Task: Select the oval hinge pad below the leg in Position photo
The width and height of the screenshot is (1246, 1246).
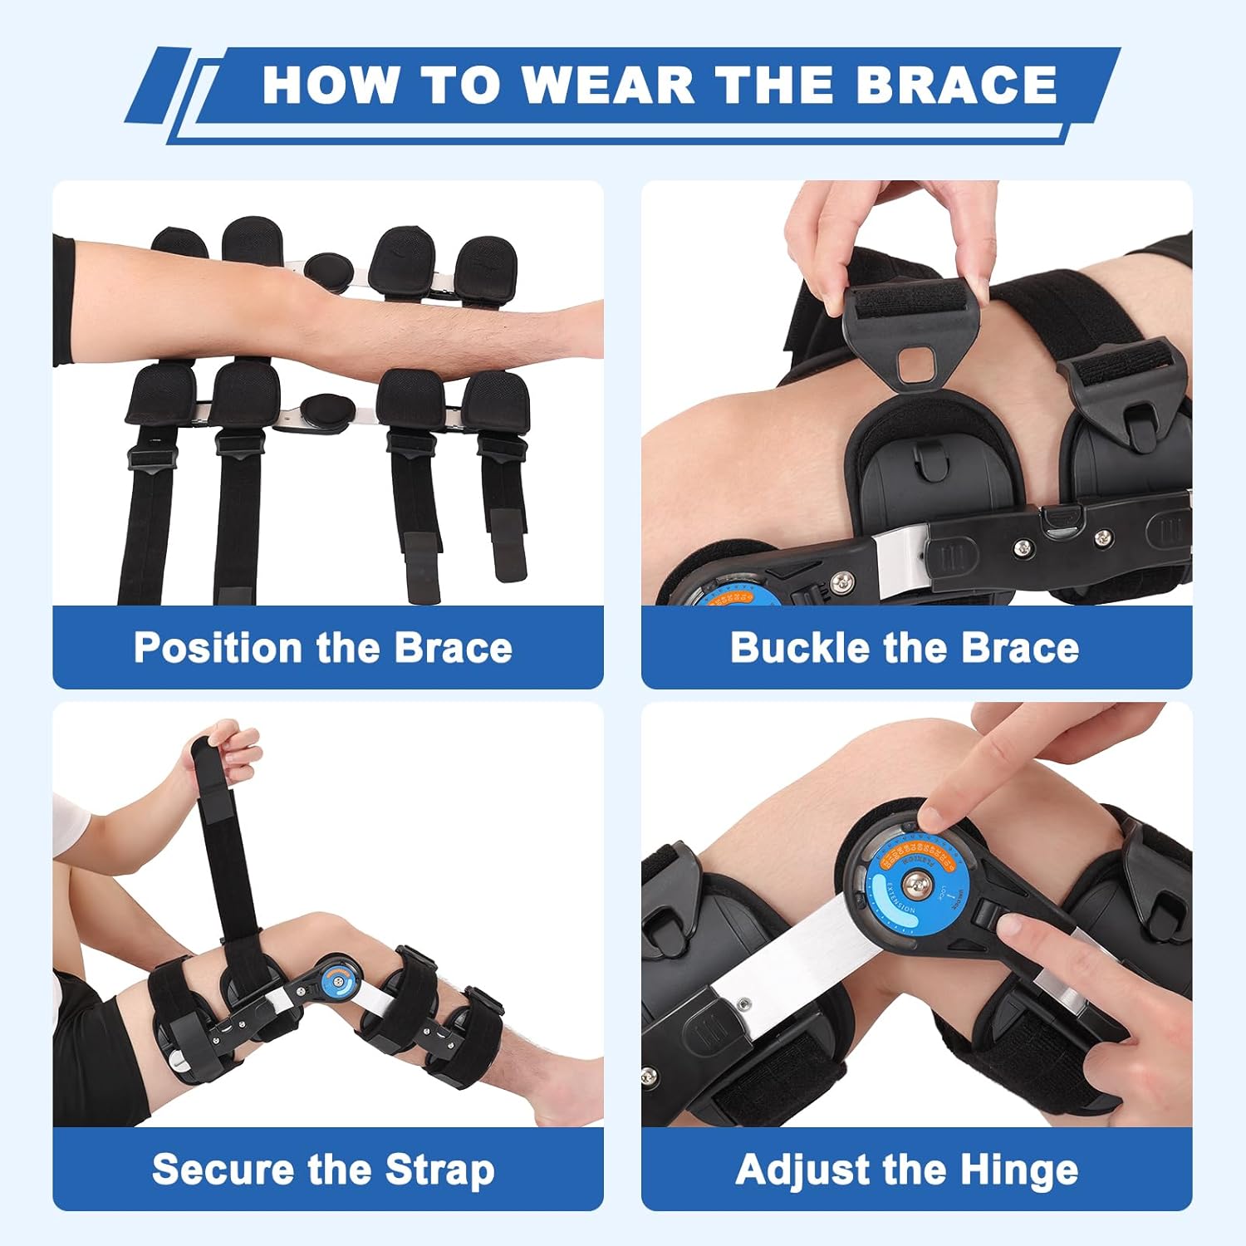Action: (x=326, y=410)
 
